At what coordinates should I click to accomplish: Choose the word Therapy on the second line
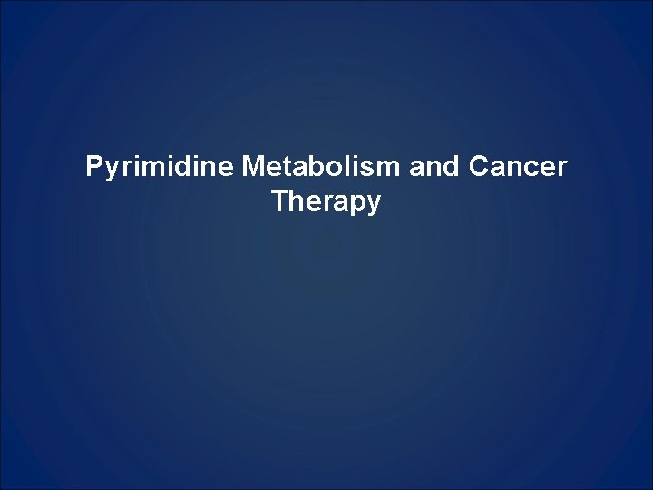[326, 202]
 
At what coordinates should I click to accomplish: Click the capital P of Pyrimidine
[93, 168]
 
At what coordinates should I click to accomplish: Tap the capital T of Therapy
[278, 201]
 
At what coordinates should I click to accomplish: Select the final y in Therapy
[374, 206]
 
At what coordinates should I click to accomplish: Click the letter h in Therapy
[296, 201]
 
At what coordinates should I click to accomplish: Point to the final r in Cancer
[561, 170]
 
